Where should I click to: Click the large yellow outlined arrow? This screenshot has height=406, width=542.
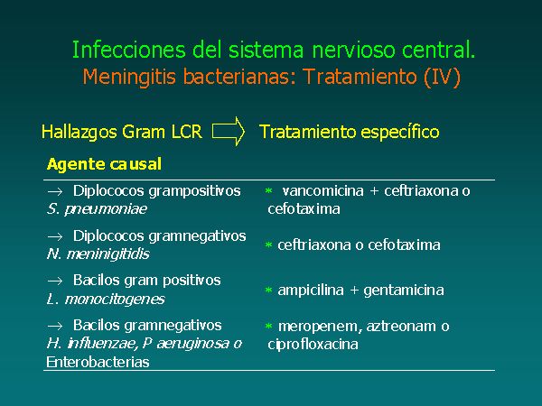(229, 131)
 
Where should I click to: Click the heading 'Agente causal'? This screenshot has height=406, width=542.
(104, 164)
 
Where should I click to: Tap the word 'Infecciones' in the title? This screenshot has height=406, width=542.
(129, 50)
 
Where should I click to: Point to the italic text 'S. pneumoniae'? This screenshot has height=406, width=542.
(97, 209)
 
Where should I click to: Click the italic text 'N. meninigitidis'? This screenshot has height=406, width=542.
(98, 254)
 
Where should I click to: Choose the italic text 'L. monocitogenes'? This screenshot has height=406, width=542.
(106, 299)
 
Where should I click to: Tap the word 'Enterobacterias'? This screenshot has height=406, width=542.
(98, 362)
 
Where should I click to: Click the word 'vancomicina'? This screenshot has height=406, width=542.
(322, 190)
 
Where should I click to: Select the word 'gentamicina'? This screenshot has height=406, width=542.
(404, 290)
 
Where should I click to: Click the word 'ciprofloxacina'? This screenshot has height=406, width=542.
(313, 345)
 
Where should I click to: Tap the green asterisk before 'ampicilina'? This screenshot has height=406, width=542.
(268, 290)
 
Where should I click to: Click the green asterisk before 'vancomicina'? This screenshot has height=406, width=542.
(268, 190)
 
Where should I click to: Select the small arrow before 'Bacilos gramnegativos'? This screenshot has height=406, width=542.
(55, 326)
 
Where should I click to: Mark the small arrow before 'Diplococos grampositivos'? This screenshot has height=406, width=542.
(55, 191)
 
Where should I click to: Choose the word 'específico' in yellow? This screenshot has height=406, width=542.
(400, 133)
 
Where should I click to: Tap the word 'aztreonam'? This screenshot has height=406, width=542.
(401, 327)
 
